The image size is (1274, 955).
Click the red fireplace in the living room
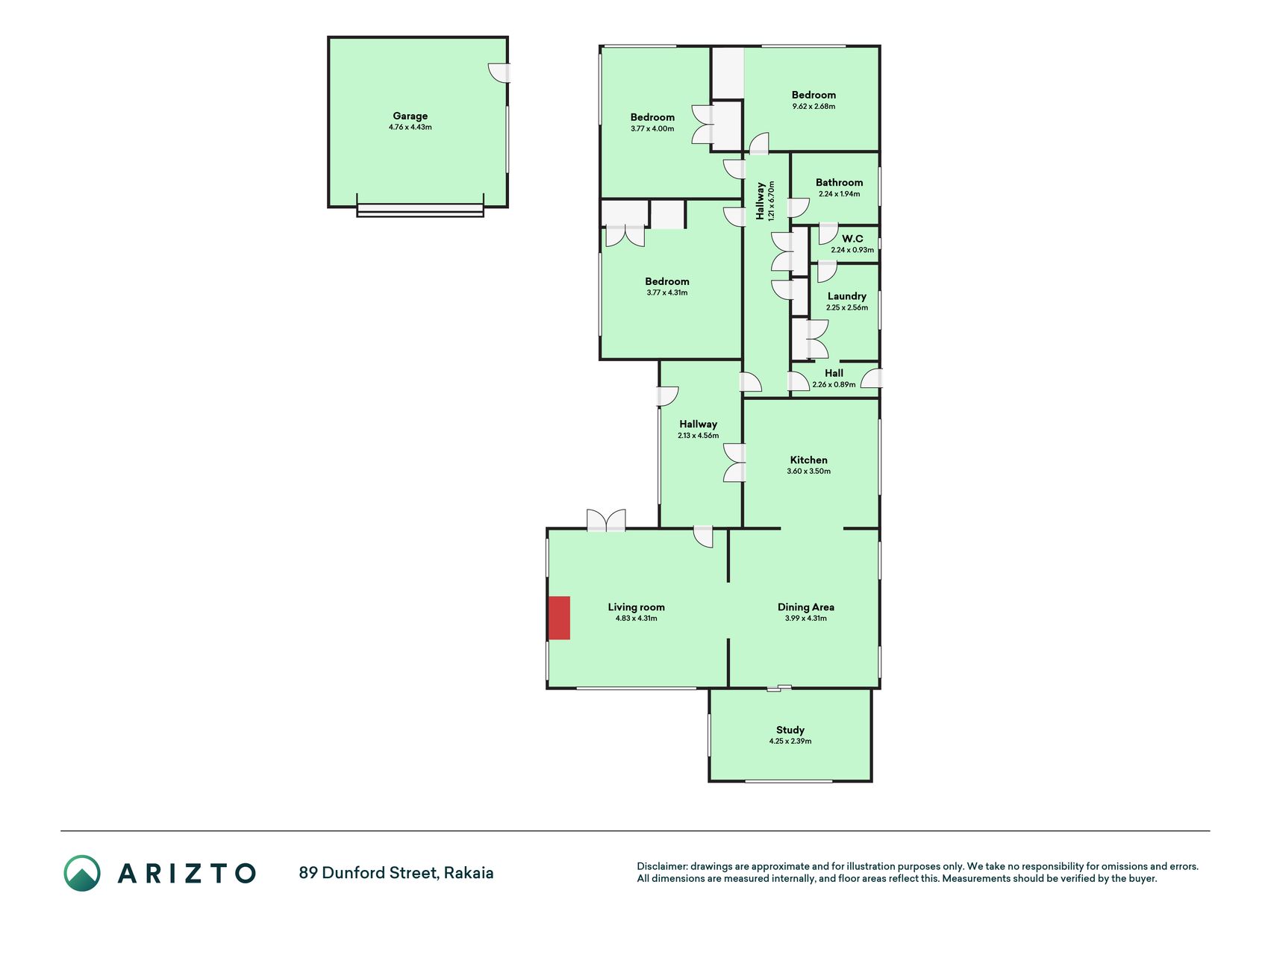559,618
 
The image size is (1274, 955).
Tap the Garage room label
410,116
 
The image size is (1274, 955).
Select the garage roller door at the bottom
420,210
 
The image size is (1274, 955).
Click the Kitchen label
809,460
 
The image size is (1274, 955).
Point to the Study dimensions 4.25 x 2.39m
790,742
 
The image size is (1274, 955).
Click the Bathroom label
839,182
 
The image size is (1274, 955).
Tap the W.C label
852,239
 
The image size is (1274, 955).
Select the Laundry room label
847,296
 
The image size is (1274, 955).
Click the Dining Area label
806,607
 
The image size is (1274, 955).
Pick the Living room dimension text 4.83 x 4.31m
637,619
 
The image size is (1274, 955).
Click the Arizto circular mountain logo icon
82,873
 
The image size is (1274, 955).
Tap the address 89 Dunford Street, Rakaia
396,873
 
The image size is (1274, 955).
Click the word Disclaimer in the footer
661,866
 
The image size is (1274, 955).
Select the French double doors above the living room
606,520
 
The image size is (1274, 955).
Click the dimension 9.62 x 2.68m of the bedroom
814,107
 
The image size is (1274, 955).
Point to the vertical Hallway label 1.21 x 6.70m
765,200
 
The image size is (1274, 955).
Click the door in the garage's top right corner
499,72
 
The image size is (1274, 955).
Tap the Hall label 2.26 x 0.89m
834,378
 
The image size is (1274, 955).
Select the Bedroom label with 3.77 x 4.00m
652,122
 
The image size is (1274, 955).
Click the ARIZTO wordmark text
187,873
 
